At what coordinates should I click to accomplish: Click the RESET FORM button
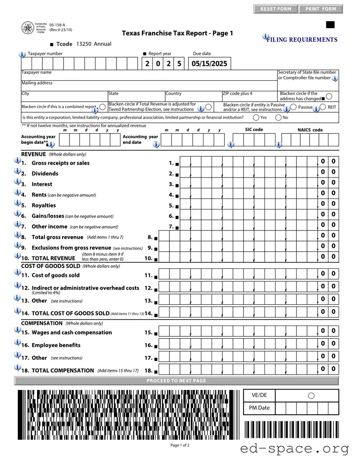[x=276, y=9]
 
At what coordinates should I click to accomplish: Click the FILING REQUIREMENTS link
[x=302, y=40]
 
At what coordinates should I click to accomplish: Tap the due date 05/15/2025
[x=209, y=64]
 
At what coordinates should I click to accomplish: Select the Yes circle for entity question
[x=256, y=117]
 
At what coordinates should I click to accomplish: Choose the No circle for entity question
[x=279, y=117]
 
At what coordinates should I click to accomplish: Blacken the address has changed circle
[x=329, y=96]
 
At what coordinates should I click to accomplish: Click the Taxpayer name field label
[x=37, y=73]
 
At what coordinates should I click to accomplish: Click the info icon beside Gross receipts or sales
[x=17, y=161]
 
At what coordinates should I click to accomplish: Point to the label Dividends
[x=45, y=174]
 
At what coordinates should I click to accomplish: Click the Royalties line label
[x=44, y=205]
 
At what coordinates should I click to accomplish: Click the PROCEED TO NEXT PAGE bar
[x=176, y=381]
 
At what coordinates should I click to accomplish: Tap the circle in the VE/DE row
[x=311, y=396]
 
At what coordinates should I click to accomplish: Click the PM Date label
[x=259, y=408]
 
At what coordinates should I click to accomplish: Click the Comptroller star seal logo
[x=27, y=28]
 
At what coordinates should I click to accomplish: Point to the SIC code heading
[x=254, y=129]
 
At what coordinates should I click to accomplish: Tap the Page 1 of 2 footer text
[x=180, y=446]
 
